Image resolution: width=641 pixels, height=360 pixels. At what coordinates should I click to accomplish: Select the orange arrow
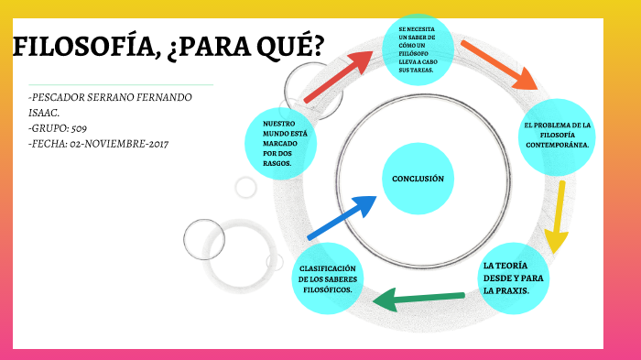(499, 63)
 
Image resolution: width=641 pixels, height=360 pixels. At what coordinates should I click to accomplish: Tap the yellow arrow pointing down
(556, 216)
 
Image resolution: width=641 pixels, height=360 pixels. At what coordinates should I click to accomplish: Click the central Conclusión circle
(418, 180)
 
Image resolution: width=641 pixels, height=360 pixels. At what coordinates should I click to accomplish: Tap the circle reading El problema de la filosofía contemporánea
(559, 135)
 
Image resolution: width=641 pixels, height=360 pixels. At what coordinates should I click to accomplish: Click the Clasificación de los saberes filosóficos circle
(328, 279)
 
